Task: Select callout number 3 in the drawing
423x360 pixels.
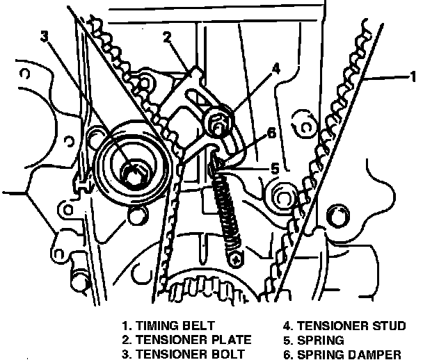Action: click(x=45, y=36)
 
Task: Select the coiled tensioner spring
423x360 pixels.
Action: click(x=228, y=211)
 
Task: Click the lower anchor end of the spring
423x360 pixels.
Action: click(x=238, y=258)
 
